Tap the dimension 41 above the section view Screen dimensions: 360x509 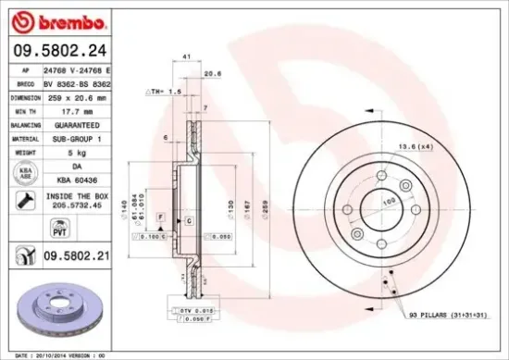click(187, 57)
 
